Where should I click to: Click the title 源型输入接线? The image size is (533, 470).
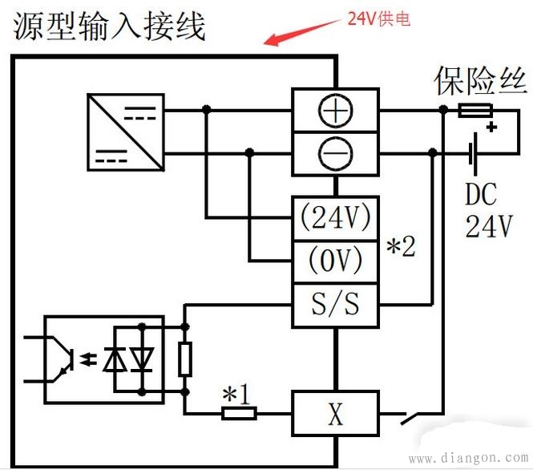(109, 26)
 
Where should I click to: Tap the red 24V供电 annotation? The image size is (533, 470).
(378, 19)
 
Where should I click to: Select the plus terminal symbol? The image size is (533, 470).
(334, 111)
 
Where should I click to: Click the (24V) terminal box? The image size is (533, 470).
(334, 217)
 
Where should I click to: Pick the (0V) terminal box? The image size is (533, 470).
(334, 261)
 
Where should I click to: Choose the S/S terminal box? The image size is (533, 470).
(334, 305)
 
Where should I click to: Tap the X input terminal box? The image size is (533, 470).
(334, 414)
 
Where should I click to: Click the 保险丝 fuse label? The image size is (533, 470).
(480, 81)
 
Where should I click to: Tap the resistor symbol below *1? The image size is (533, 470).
(238, 414)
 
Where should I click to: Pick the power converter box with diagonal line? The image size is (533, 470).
(124, 130)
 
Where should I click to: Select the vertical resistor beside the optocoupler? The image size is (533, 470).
(185, 359)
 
